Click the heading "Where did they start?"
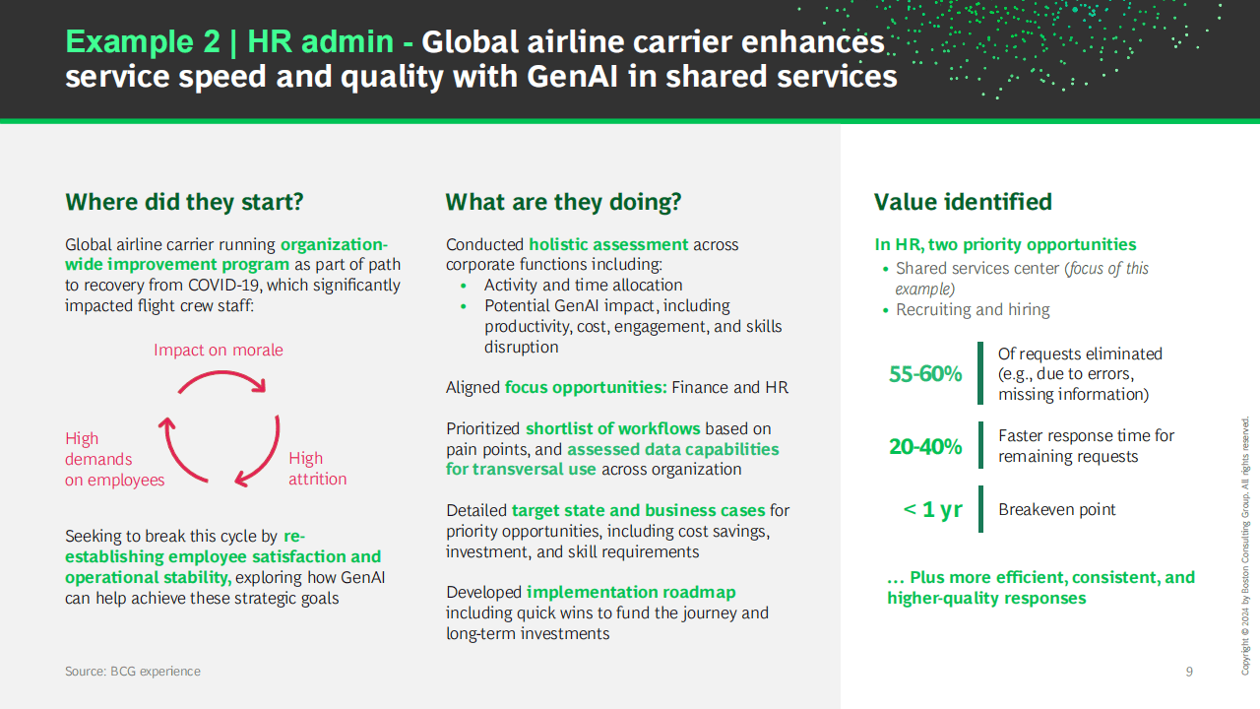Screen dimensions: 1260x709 (184, 202)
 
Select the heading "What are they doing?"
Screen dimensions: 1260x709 (563, 202)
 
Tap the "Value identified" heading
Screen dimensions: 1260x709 (963, 202)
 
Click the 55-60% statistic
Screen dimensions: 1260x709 (925, 374)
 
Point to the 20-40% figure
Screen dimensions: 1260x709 (925, 447)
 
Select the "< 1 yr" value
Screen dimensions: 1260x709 (932, 510)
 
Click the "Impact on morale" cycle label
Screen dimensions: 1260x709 (219, 350)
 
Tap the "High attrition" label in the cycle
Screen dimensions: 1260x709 (318, 468)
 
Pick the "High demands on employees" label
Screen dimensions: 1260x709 (115, 459)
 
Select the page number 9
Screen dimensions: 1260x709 (1189, 672)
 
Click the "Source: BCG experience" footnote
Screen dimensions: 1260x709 (133, 672)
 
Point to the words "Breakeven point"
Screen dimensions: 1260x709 (1056, 510)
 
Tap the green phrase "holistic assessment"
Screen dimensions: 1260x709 (608, 245)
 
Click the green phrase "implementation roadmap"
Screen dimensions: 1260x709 (631, 593)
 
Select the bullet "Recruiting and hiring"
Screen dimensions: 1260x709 (973, 310)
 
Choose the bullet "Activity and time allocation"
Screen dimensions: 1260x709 (584, 286)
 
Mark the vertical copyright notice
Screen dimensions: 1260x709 (1245, 546)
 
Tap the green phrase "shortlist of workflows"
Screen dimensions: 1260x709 (613, 428)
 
